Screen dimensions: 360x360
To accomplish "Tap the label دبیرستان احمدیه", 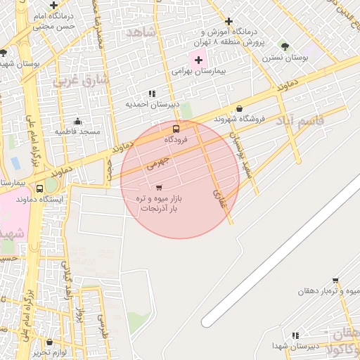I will pyautogui.click(x=153, y=105).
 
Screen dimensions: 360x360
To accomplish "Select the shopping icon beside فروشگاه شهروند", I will pyautogui.click(x=240, y=109).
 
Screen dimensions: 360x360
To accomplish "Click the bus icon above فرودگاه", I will pyautogui.click(x=176, y=129).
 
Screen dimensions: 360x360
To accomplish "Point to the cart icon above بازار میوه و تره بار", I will pyautogui.click(x=158, y=188).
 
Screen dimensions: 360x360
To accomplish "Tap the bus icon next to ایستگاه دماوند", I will pyautogui.click(x=40, y=189).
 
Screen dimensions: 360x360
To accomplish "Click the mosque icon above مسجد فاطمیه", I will pyautogui.click(x=77, y=121).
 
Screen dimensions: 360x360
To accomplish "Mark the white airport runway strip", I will pyautogui.click(x=281, y=253).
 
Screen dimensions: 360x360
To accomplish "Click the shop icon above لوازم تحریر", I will pyautogui.click(x=51, y=340).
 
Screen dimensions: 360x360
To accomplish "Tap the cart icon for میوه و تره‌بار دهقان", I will pyautogui.click(x=335, y=281).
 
